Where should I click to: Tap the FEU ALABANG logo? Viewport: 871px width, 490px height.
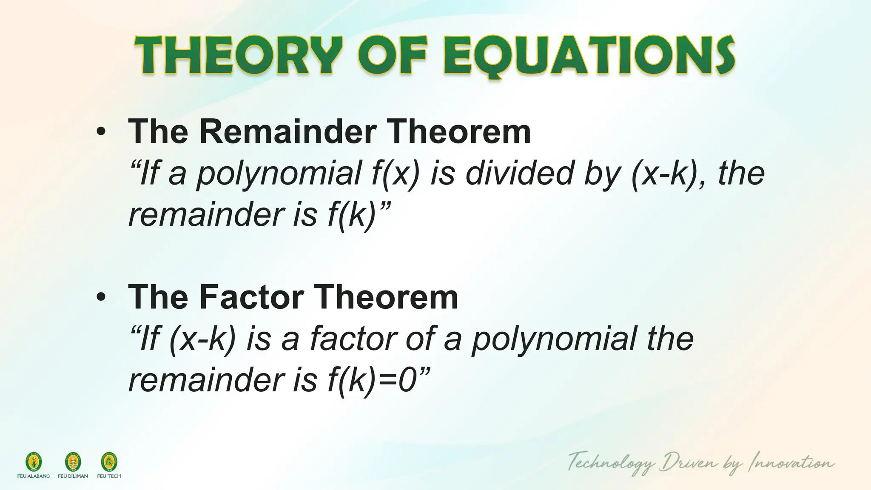[33, 463]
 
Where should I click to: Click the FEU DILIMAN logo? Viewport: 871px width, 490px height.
[73, 463]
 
